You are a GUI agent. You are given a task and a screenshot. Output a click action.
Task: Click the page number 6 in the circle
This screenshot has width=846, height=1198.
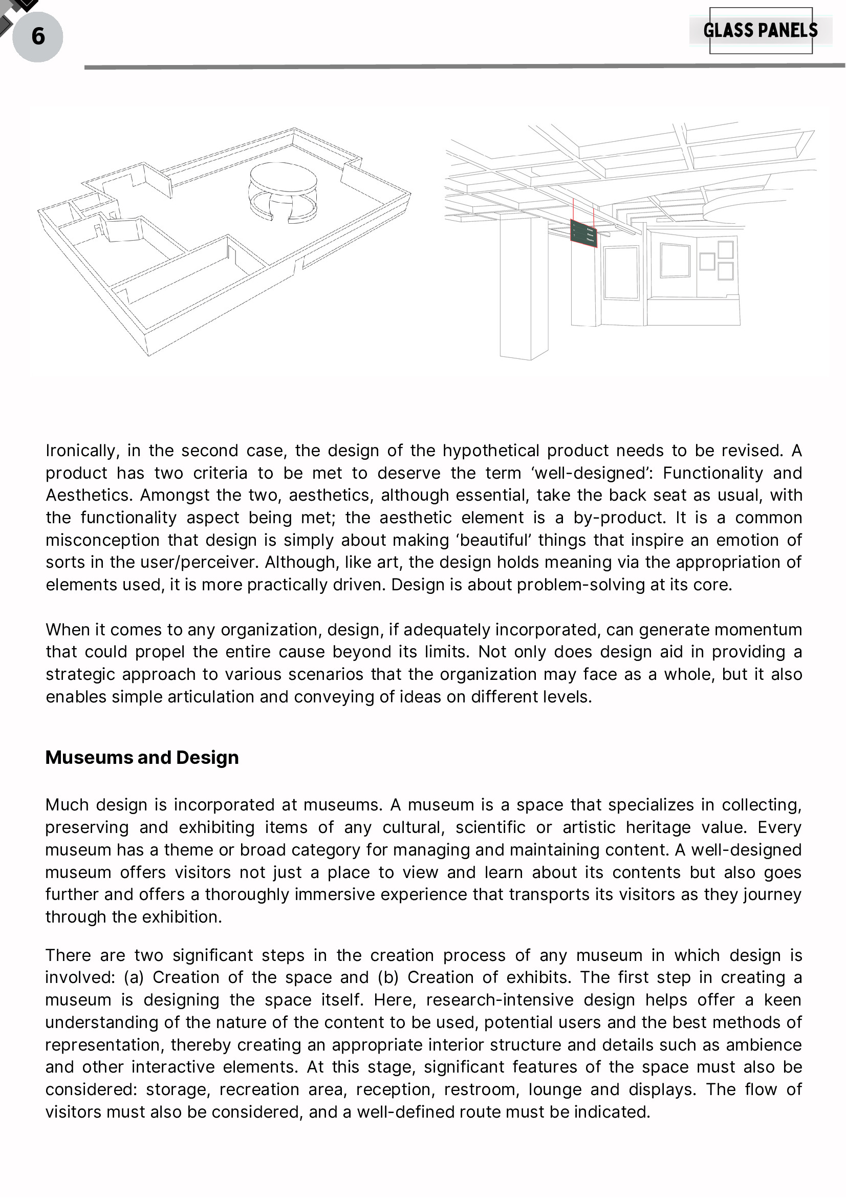click(37, 36)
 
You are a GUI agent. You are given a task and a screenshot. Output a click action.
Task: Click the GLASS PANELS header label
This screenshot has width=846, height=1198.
click(761, 30)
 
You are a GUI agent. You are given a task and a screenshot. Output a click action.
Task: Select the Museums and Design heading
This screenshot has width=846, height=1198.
click(142, 758)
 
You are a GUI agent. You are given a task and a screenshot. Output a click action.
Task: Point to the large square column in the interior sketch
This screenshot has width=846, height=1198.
click(524, 287)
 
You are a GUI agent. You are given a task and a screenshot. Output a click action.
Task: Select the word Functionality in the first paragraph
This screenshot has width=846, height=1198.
click(713, 473)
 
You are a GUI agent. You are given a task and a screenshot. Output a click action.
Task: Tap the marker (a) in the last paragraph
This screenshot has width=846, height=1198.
click(133, 978)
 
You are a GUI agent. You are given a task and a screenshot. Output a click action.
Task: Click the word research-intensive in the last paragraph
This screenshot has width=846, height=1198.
click(500, 1000)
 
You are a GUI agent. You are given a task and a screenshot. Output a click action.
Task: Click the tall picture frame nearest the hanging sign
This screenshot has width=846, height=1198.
click(621, 272)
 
